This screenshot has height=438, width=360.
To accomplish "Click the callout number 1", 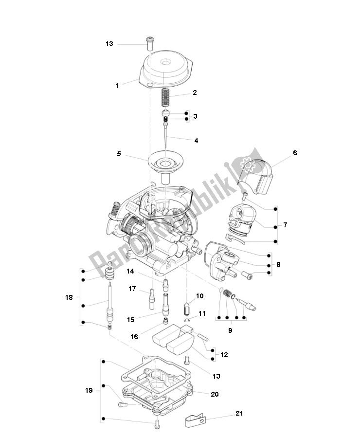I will (117, 86).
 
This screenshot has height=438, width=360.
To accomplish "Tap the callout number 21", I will (239, 413).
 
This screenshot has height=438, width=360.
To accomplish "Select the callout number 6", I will (295, 153).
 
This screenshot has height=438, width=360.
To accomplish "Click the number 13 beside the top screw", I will (109, 44).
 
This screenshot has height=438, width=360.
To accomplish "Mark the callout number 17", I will (132, 289).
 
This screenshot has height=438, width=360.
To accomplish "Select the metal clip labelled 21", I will (197, 420).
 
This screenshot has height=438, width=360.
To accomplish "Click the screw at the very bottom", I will (156, 425).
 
